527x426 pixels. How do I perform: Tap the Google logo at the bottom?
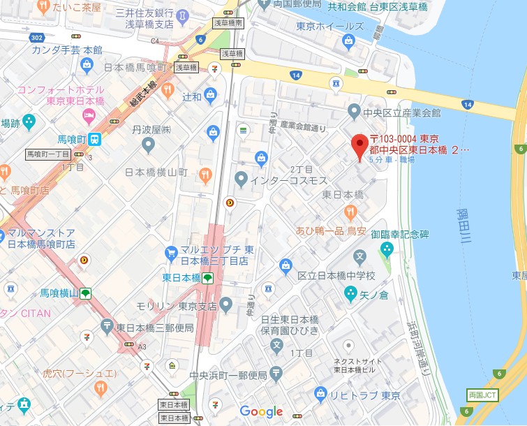262,411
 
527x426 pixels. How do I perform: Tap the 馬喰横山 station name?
58,293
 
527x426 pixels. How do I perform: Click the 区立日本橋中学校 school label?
336,275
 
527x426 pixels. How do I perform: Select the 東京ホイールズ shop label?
329,27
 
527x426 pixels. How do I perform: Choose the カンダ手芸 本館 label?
67,50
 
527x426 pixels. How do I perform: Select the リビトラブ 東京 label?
366,395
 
